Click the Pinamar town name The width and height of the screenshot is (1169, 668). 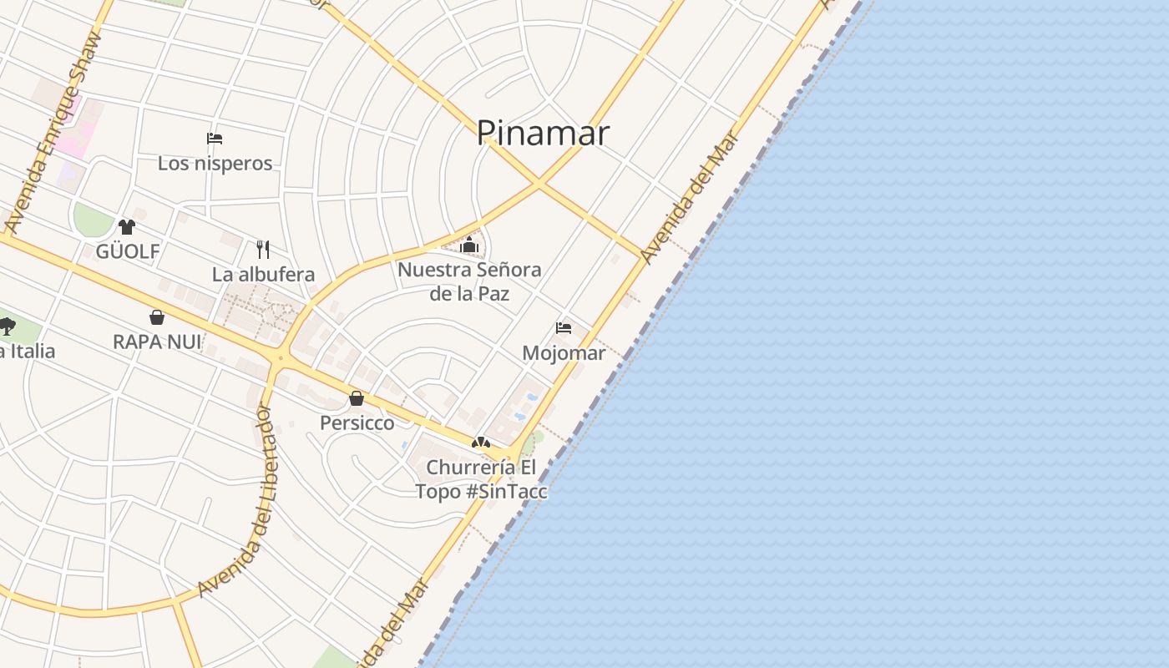click(x=543, y=133)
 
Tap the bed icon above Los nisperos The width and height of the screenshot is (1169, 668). click(x=215, y=139)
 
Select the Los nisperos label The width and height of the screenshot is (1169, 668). click(x=215, y=163)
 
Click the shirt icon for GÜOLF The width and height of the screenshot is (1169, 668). click(x=127, y=226)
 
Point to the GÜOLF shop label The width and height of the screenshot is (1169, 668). click(x=127, y=251)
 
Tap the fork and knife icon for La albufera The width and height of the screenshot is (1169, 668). click(x=263, y=249)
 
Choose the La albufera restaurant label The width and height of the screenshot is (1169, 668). click(x=263, y=274)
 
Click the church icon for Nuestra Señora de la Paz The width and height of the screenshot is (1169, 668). click(x=469, y=245)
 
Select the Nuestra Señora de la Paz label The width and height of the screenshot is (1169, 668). click(x=469, y=281)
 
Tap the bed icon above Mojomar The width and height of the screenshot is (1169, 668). click(x=564, y=328)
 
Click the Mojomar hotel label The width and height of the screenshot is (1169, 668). click(x=564, y=352)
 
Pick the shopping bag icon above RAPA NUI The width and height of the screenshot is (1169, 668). click(x=157, y=317)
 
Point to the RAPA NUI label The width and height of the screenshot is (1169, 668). click(x=157, y=342)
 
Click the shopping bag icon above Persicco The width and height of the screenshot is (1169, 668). click(x=357, y=398)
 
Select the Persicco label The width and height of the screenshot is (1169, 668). click(x=357, y=423)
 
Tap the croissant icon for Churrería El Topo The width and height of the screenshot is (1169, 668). click(x=480, y=443)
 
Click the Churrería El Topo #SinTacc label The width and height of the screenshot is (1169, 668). click(x=482, y=478)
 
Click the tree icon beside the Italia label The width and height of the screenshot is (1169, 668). click(x=8, y=326)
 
